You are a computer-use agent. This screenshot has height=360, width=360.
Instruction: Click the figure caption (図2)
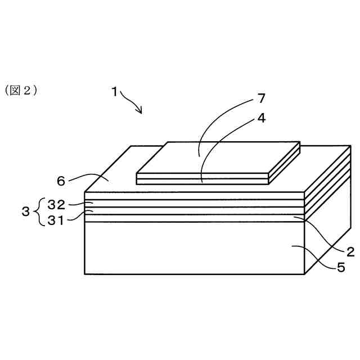click(21, 90)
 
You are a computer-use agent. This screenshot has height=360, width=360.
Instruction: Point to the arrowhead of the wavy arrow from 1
click(141, 112)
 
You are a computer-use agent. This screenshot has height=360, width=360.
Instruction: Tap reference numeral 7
click(261, 99)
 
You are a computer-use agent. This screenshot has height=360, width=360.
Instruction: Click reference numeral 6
click(61, 181)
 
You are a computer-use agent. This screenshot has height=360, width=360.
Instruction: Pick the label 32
click(57, 204)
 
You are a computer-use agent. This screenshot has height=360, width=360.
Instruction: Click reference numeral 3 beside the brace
click(25, 212)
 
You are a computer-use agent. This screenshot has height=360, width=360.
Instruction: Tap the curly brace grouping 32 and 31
click(38, 212)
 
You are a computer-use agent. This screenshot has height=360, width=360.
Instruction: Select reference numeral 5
click(341, 268)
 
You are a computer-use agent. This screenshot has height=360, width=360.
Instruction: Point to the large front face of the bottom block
click(191, 247)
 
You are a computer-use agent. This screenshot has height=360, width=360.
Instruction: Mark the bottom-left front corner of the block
click(85, 274)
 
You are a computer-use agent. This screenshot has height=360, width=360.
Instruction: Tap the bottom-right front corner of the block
click(304, 274)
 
